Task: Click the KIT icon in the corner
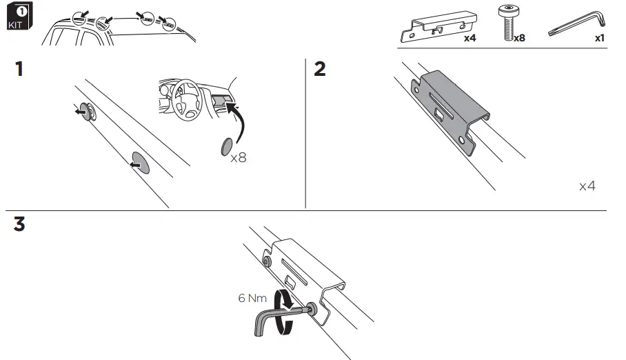[x=17, y=18]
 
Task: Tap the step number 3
[x=20, y=225]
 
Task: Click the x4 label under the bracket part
[x=469, y=39]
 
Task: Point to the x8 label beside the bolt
[x=518, y=39]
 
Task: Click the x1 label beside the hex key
[x=599, y=39]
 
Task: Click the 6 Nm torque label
[x=252, y=299]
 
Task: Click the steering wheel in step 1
[x=182, y=99]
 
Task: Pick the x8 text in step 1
[x=239, y=157]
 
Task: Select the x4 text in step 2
[x=587, y=186]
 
